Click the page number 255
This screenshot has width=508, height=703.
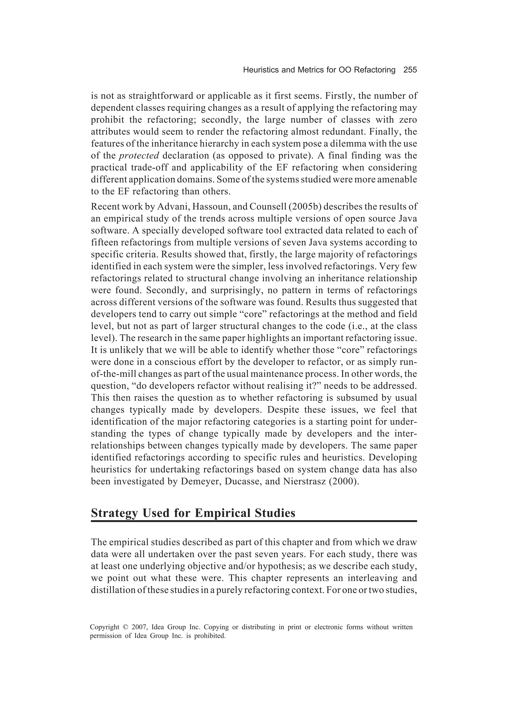click(410, 70)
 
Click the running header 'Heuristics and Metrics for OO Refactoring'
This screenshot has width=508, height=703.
click(319, 70)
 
